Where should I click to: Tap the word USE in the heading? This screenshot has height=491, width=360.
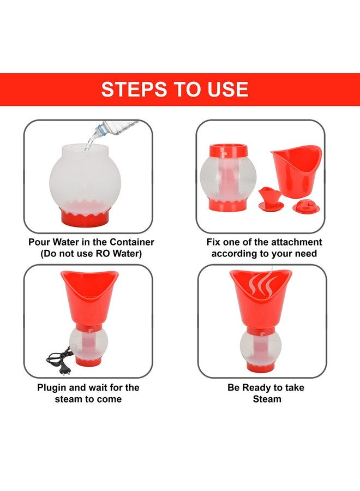[228, 89]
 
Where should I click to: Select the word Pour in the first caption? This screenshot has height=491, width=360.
[39, 242]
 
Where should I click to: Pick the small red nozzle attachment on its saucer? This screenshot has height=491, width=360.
[271, 199]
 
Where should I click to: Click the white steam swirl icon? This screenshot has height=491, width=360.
[261, 284]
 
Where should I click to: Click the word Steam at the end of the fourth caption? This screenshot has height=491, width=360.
[267, 399]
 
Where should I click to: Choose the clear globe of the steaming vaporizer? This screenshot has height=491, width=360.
[260, 346]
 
